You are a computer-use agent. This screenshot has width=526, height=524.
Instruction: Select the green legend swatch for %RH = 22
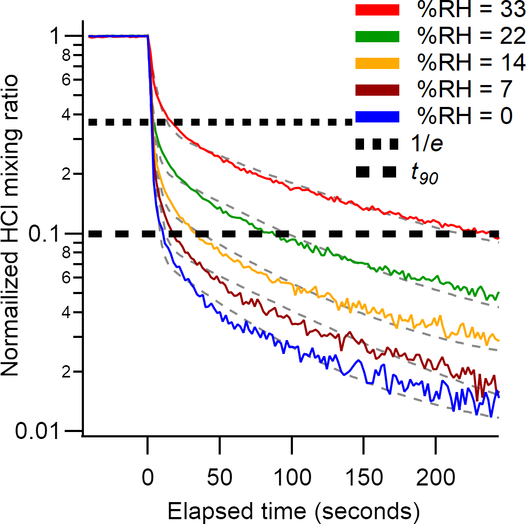tap(376, 37)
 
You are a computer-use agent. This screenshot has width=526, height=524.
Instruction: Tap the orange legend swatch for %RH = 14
tap(376, 63)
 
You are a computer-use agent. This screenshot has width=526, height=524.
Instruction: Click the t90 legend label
tap(425, 174)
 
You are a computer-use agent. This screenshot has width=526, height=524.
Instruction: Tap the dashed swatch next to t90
tap(376, 172)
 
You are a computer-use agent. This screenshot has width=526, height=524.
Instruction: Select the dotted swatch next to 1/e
tap(376, 143)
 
